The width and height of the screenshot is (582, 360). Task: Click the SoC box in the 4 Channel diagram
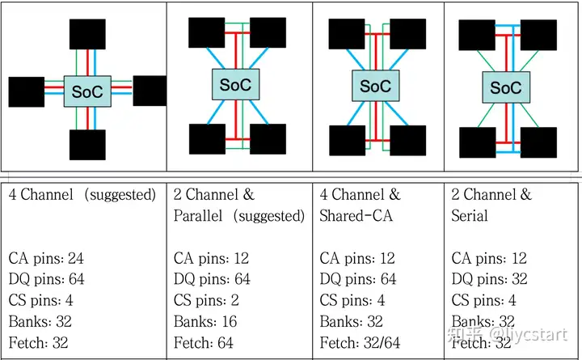click(87, 91)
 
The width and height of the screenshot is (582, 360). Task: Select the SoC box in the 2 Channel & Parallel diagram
click(234, 84)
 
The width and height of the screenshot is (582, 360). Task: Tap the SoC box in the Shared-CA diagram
click(374, 85)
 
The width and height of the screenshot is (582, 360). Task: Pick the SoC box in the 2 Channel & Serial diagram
click(506, 87)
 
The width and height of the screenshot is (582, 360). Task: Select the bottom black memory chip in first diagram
click(87, 144)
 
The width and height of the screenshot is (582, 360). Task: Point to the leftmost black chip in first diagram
click(26, 91)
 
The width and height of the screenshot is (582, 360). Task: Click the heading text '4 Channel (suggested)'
click(82, 195)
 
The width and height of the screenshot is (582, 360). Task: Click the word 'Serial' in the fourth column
click(470, 216)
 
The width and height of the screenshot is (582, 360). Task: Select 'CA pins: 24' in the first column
click(46, 259)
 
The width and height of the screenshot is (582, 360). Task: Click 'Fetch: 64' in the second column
click(203, 343)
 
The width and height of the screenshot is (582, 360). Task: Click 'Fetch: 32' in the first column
click(38, 343)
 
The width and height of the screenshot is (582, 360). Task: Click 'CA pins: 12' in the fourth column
click(489, 259)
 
